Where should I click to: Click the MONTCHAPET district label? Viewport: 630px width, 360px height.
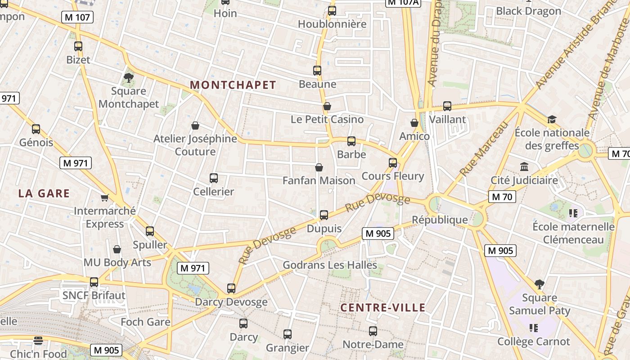233,85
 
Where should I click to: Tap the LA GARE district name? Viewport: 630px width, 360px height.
44,193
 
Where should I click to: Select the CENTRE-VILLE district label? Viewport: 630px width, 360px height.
383,308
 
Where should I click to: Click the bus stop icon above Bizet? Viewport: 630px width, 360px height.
78,46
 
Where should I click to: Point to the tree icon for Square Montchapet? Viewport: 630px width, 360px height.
129,77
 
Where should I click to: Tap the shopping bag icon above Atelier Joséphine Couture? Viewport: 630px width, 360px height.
195,126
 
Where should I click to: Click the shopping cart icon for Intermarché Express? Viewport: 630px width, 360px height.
105,197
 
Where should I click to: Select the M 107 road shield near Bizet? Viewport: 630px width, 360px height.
78,18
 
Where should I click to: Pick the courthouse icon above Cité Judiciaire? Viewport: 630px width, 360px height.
524,167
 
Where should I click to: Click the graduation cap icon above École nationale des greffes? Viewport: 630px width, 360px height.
552,119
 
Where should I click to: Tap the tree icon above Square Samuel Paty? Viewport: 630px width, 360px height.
540,284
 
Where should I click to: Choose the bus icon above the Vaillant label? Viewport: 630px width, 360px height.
447,106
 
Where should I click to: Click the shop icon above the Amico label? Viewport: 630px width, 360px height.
414,123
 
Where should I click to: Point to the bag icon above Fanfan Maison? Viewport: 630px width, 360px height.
319,167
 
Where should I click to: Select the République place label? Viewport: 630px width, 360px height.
440,220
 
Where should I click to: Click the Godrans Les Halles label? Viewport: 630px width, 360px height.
330,265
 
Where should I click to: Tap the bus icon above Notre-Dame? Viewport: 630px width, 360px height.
373,331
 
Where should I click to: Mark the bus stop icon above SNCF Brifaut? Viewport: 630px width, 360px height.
94,282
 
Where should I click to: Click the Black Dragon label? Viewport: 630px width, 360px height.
528,11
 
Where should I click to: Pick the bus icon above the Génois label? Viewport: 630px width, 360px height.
36,129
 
